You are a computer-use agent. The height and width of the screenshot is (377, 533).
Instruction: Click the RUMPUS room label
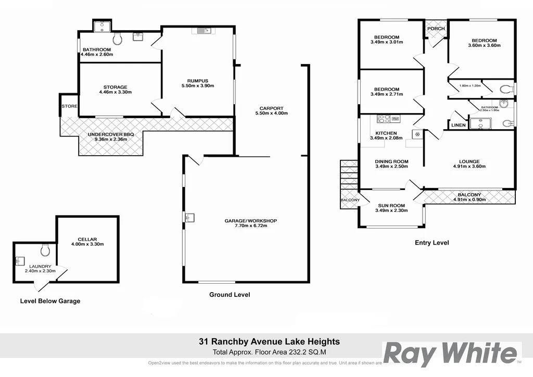(198, 81)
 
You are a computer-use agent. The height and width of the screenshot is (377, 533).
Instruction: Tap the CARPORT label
(271, 108)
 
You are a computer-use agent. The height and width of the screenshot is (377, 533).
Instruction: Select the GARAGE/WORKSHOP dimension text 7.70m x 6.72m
(250, 227)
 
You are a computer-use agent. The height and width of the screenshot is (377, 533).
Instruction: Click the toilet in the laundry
(45, 250)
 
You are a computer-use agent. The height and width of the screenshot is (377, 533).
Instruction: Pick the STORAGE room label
(115, 87)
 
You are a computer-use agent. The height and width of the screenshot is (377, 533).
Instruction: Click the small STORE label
(69, 106)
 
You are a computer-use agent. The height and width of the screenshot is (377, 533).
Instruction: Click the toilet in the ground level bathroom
(118, 39)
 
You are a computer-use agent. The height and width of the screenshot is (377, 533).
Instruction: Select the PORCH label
(436, 29)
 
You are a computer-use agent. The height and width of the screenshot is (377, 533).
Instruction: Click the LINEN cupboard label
(459, 125)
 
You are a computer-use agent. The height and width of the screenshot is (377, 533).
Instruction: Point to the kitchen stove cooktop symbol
(384, 119)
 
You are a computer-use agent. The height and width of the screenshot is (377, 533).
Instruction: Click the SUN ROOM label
(391, 205)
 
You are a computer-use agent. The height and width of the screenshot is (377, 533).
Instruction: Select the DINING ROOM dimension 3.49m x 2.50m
(391, 167)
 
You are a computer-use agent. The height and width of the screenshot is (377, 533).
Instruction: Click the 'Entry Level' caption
(432, 243)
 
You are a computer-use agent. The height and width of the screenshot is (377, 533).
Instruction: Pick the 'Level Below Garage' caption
(50, 301)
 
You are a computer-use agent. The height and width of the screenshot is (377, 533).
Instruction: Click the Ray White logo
(451, 354)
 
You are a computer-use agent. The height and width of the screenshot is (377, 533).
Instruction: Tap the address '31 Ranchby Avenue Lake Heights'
(269, 342)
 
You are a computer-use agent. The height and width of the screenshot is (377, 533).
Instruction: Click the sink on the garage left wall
(188, 217)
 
